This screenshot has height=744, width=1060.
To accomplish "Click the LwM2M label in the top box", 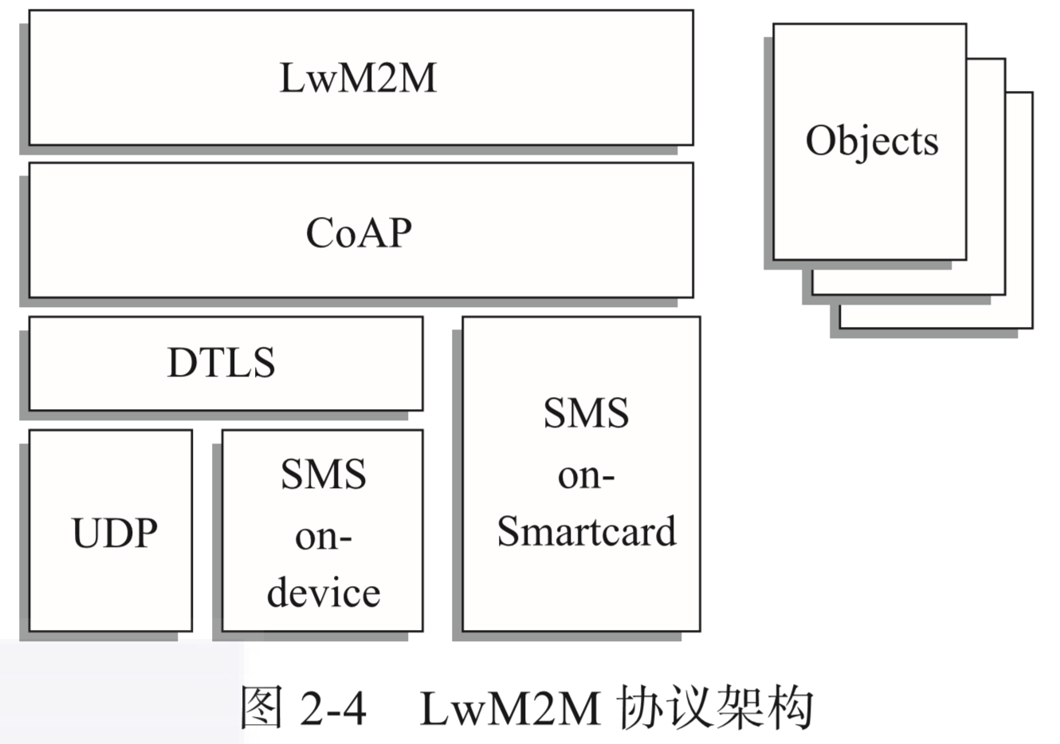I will [358, 78].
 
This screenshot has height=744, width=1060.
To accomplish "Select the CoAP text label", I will [359, 233].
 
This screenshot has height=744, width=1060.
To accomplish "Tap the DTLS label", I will [221, 363].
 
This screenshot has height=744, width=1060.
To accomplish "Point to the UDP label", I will [114, 533].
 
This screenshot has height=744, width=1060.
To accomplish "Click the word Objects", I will [872, 141].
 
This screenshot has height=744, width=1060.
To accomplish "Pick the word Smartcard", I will [587, 531].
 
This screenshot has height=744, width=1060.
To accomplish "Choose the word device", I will [324, 592].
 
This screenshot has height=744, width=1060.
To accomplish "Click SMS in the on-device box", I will [323, 474].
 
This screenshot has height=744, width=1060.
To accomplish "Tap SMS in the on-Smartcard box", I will [586, 413].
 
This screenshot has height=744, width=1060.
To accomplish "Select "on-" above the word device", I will [323, 537].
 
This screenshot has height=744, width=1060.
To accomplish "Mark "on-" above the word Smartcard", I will [586, 475].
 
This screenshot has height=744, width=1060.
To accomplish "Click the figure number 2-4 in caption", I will [333, 707].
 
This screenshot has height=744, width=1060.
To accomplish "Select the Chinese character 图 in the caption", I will [261, 707].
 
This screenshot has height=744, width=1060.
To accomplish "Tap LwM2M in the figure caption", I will [509, 707].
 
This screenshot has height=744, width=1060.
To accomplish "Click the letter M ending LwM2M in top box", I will [418, 78].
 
